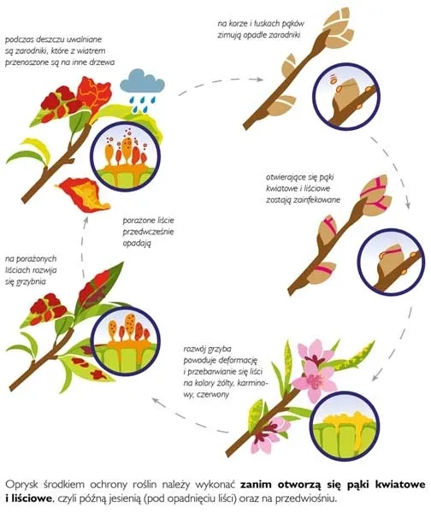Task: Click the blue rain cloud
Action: [x=142, y=84]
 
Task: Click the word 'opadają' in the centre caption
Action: [x=137, y=244]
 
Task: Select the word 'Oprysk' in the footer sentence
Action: [x=21, y=485]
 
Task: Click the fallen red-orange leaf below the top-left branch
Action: [x=83, y=194]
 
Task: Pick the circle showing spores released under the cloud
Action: [x=126, y=155]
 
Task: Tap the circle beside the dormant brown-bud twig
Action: [x=346, y=96]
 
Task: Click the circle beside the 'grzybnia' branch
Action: [x=125, y=340]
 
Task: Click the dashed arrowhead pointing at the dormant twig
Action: [x=259, y=80]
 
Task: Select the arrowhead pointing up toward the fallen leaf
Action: [x=86, y=219]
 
